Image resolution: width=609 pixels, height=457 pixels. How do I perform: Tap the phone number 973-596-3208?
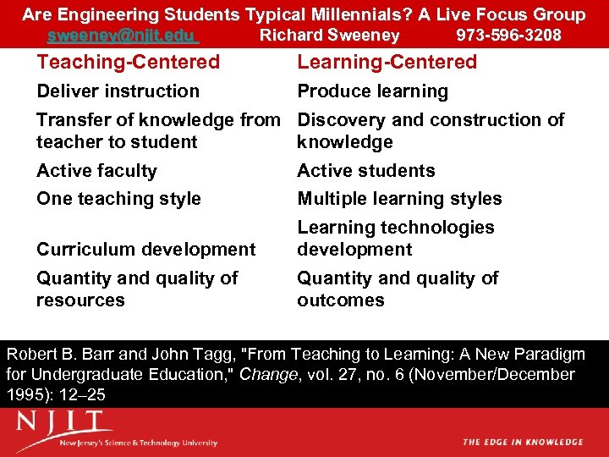[x=508, y=36]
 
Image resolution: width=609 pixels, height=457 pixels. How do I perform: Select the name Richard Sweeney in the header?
[x=329, y=36]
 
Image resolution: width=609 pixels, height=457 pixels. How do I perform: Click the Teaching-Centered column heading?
[x=128, y=62]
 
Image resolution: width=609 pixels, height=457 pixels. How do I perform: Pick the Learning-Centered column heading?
[x=387, y=62]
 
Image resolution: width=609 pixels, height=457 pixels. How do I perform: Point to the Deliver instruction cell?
[x=118, y=91]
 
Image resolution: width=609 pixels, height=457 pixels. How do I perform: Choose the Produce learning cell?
[x=372, y=91]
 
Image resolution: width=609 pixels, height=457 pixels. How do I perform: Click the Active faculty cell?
[x=96, y=171]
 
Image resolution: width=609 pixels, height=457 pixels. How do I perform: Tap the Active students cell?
[x=365, y=171]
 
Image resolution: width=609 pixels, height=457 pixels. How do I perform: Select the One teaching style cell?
[x=118, y=199]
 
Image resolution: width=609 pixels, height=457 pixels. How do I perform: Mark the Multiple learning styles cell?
[x=399, y=199]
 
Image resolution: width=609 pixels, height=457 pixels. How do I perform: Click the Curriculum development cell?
[x=145, y=250]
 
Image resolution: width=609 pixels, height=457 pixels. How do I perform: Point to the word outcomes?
[x=340, y=300]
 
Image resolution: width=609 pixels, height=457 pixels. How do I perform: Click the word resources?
[x=80, y=300]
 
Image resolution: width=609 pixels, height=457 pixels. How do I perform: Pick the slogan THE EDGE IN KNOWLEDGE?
[x=523, y=442]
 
